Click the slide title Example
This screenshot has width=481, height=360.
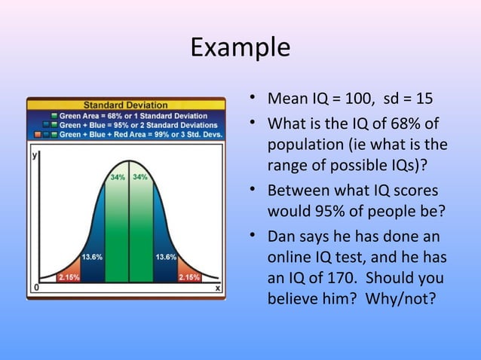(x=240, y=47)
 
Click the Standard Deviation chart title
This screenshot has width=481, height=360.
(x=126, y=104)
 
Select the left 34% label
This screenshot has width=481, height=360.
(x=118, y=178)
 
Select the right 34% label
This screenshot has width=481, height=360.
(x=140, y=178)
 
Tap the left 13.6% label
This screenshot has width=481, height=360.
(x=92, y=257)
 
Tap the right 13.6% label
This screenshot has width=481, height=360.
(x=166, y=257)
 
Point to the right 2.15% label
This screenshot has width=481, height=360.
(x=188, y=276)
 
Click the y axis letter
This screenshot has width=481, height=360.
(x=35, y=155)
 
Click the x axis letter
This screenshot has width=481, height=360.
(x=218, y=288)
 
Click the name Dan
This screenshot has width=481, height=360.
(x=282, y=236)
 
